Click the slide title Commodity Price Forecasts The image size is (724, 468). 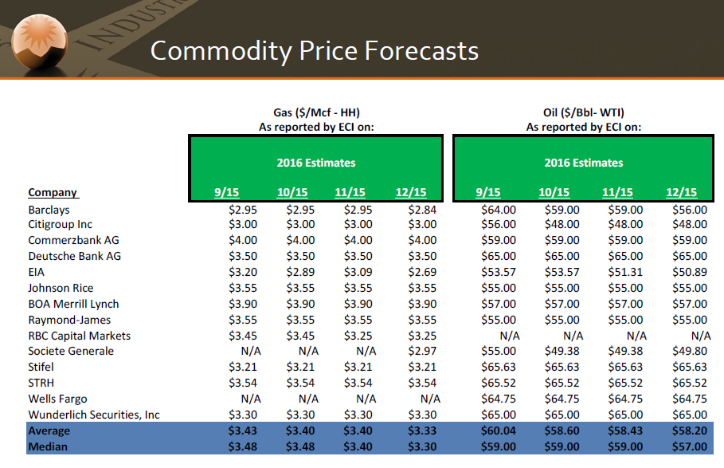pyautogui.click(x=314, y=51)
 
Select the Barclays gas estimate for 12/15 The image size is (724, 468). pyautogui.click(x=422, y=210)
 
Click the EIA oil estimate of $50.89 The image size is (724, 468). pyautogui.click(x=690, y=272)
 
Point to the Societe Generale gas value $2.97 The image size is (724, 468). pyautogui.click(x=422, y=351)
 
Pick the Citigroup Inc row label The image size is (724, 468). pyautogui.click(x=60, y=225)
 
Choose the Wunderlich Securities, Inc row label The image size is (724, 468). pyautogui.click(x=94, y=415)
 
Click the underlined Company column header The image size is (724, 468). pyautogui.click(x=53, y=192)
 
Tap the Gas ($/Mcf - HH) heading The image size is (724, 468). pyautogui.click(x=316, y=112)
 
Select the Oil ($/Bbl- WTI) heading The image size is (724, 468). pyautogui.click(x=584, y=112)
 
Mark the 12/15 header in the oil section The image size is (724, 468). pyautogui.click(x=681, y=192)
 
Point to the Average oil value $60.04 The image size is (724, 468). pyautogui.click(x=498, y=431)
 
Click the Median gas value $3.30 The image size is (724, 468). pyautogui.click(x=422, y=446)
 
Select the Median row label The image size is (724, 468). pyautogui.click(x=48, y=446)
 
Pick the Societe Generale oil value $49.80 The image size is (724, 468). pyautogui.click(x=690, y=351)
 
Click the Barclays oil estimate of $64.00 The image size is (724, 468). pyautogui.click(x=498, y=210)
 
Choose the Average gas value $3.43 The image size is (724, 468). pyautogui.click(x=242, y=431)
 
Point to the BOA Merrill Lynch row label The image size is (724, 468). pyautogui.click(x=73, y=304)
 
